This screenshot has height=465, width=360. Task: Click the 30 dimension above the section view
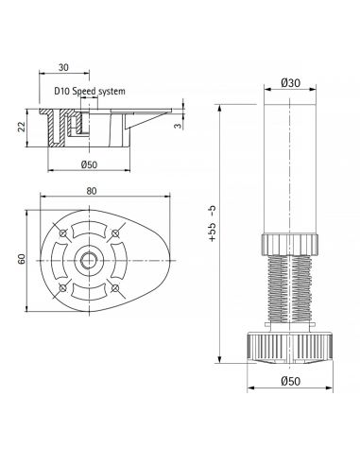[63, 68]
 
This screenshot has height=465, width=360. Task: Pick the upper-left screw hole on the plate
[63, 233]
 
